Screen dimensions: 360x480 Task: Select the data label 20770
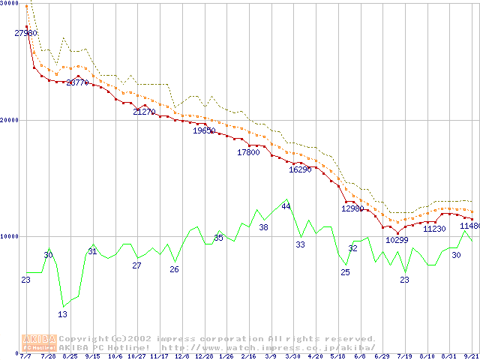(77, 83)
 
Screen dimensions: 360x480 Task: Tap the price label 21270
(144, 112)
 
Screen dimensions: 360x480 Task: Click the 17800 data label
(248, 153)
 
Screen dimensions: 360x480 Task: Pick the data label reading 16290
(300, 170)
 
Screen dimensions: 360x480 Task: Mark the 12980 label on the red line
(352, 209)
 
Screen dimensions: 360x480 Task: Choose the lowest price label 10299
(397, 241)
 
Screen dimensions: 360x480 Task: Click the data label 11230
(435, 229)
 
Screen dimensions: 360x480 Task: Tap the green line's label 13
(63, 314)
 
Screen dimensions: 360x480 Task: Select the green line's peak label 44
(286, 207)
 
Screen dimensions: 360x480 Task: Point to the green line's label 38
(263, 227)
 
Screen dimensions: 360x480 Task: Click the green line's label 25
(345, 272)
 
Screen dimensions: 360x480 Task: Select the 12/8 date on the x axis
(181, 357)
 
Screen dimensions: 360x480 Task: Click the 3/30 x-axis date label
(293, 357)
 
